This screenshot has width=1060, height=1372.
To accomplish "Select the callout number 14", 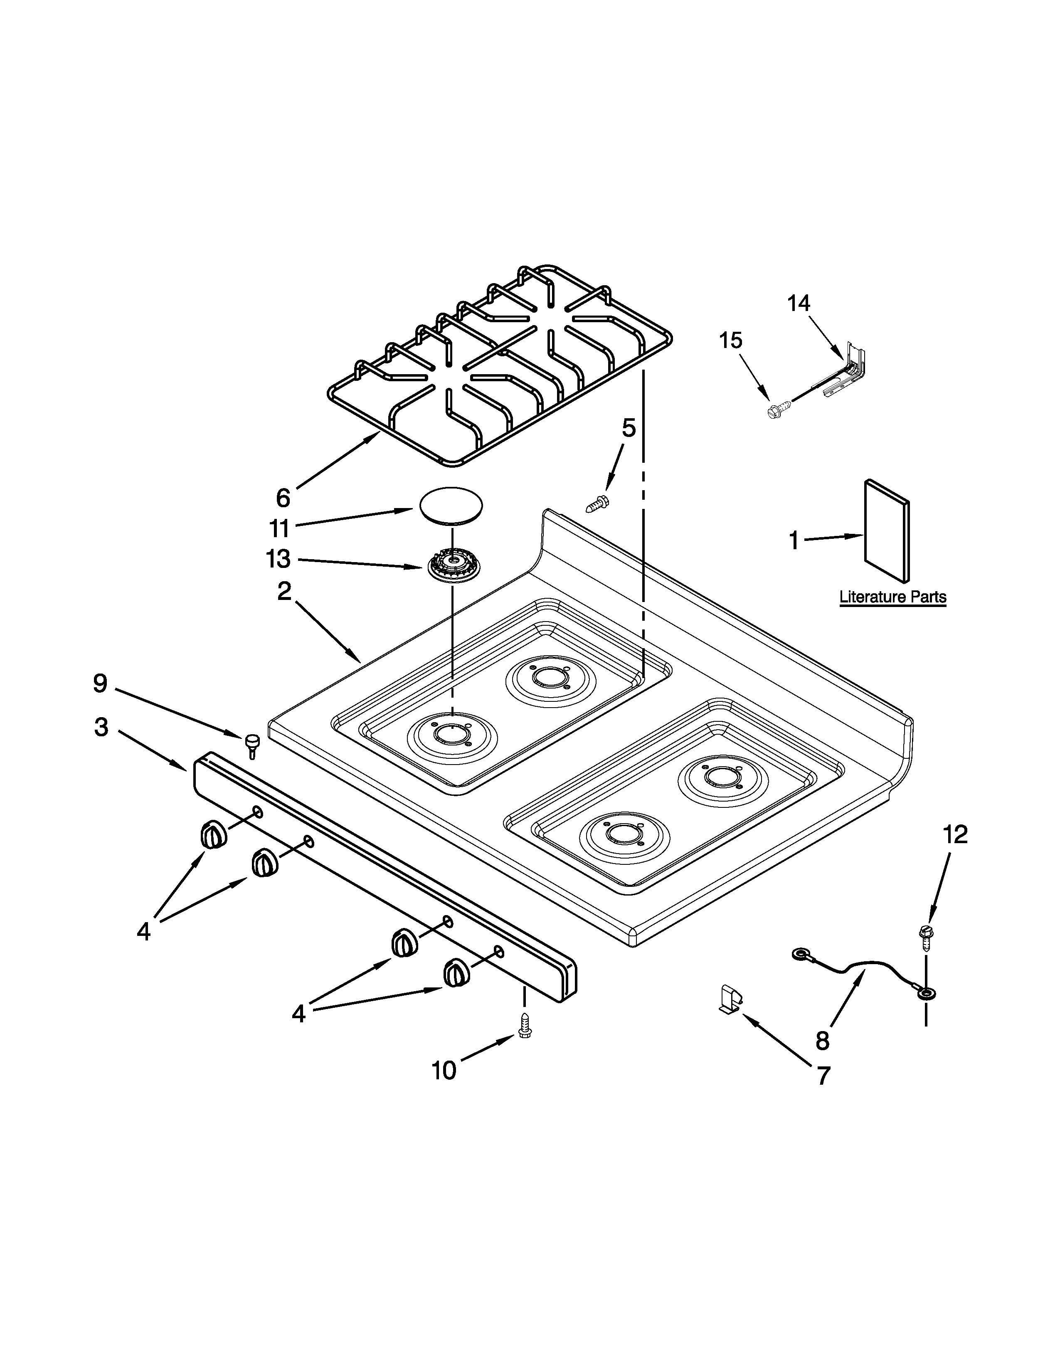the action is pyautogui.click(x=799, y=304).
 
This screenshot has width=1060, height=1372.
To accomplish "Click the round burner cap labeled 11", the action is pyautogui.click(x=450, y=504).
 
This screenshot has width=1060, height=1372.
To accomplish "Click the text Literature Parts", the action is pyautogui.click(x=893, y=596).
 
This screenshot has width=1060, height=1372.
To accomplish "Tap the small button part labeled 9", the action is pyautogui.click(x=252, y=745).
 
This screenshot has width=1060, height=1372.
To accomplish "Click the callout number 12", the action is pyautogui.click(x=956, y=834).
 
